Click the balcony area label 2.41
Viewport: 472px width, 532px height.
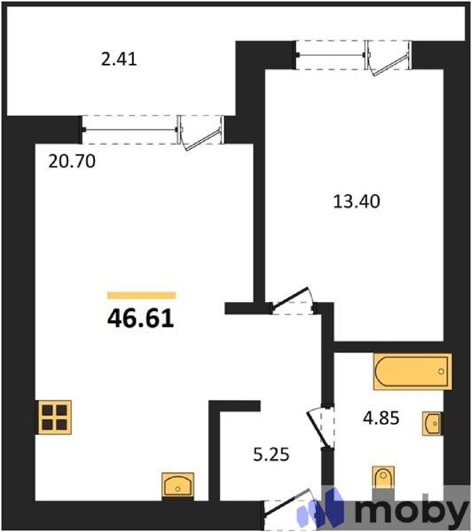(x=119, y=59)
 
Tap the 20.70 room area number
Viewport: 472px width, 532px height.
(x=72, y=161)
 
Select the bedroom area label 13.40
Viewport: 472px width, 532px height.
(x=356, y=201)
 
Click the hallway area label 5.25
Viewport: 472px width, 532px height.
(x=271, y=454)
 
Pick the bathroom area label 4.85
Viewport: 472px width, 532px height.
(x=381, y=418)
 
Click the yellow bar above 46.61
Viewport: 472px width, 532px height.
(x=141, y=295)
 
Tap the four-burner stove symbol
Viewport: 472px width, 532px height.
(x=54, y=417)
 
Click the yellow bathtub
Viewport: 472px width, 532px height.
(x=413, y=371)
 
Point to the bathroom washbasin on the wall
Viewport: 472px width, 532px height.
(x=433, y=423)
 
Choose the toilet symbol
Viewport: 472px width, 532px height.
(x=383, y=477)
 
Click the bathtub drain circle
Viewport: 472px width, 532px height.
(x=441, y=371)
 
